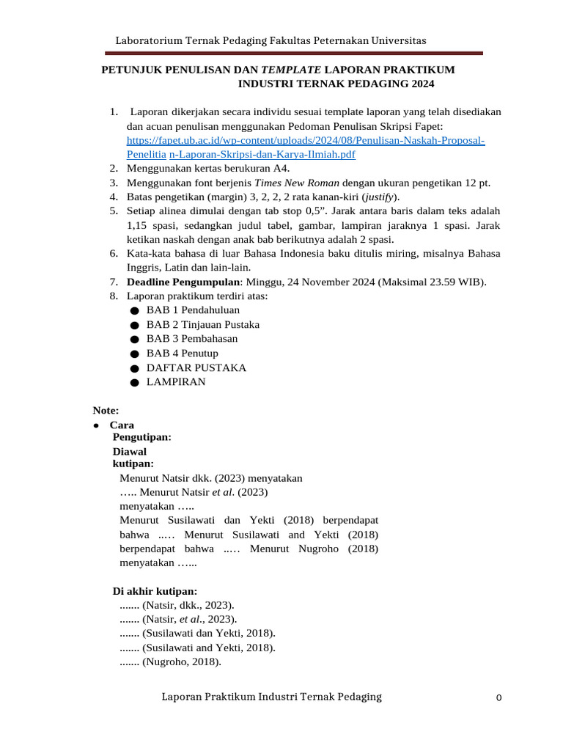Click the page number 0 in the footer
[x=498, y=698]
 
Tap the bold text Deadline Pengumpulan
[x=183, y=282]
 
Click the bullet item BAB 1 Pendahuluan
[x=193, y=310]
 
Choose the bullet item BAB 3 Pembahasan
[x=192, y=339]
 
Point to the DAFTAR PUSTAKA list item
[x=196, y=367]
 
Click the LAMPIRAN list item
[x=176, y=382]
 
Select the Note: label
[x=106, y=410]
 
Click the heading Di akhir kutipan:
[x=155, y=591]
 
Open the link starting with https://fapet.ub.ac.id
[x=306, y=140]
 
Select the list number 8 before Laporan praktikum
[x=113, y=296]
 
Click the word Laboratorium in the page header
[x=150, y=40]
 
